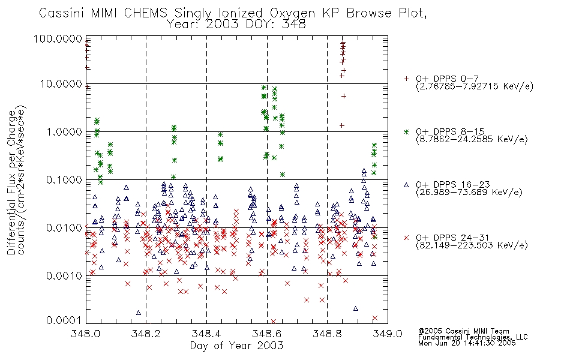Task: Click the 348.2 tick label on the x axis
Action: point(146,334)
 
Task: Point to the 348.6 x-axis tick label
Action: point(267,334)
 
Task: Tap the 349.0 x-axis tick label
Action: point(388,334)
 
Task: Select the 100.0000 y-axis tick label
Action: point(58,38)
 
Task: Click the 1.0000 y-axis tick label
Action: point(64,131)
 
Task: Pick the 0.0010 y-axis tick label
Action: point(64,275)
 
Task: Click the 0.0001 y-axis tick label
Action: point(64,320)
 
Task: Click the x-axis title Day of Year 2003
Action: point(236,346)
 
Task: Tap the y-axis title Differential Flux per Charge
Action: point(11,182)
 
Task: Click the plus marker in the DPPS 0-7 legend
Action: point(406,79)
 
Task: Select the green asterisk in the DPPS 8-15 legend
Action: point(406,131)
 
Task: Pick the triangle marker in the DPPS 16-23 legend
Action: point(406,185)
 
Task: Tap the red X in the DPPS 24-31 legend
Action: point(406,238)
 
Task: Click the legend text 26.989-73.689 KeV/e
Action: point(469,193)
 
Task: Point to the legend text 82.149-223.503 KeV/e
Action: point(472,245)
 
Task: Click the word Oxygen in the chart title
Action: point(292,13)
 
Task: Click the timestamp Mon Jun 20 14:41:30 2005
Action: point(467,343)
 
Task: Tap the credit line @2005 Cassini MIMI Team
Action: point(463,331)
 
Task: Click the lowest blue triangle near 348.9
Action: point(356,308)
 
